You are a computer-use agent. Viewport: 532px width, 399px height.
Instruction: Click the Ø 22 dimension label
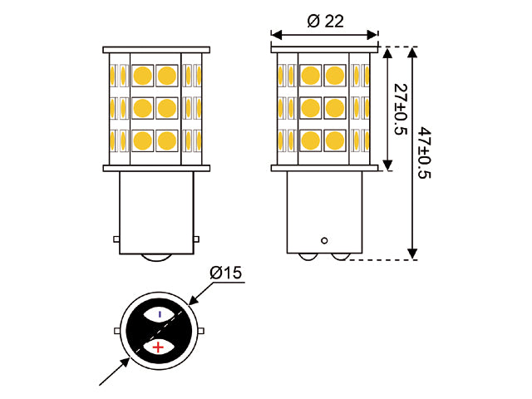(325, 22)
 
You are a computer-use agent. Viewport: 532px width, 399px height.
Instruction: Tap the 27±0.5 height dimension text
(401, 109)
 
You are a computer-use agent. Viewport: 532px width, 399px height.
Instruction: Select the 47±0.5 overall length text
(424, 153)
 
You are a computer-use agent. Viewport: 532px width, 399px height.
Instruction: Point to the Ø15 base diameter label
(225, 273)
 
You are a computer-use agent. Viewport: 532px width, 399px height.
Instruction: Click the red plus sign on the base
(158, 347)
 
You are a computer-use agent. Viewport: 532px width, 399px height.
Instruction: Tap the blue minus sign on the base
(160, 314)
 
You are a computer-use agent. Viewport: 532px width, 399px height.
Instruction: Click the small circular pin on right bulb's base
(324, 240)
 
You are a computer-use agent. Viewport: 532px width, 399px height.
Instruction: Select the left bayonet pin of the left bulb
(116, 239)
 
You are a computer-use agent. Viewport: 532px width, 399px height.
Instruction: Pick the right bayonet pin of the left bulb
(196, 239)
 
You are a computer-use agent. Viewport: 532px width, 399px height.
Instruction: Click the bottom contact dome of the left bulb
(156, 258)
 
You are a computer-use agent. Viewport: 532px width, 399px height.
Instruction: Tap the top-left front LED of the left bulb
(142, 76)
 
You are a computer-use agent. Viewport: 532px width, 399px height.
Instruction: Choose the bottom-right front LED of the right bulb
(335, 140)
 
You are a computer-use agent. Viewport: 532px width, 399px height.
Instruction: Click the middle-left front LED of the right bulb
(310, 108)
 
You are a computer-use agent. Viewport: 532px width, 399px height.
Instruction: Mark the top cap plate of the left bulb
(156, 50)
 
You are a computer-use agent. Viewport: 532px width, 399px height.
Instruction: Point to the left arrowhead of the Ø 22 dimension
(277, 35)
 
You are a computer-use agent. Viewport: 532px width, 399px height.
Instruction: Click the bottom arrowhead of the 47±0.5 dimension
(412, 254)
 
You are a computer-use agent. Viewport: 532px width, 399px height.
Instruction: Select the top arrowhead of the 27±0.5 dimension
(387, 52)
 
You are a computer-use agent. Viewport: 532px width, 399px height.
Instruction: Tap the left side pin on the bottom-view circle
(117, 331)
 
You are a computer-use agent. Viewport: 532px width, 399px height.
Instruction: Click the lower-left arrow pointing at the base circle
(115, 372)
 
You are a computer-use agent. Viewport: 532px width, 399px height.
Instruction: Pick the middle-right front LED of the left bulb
(167, 108)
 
